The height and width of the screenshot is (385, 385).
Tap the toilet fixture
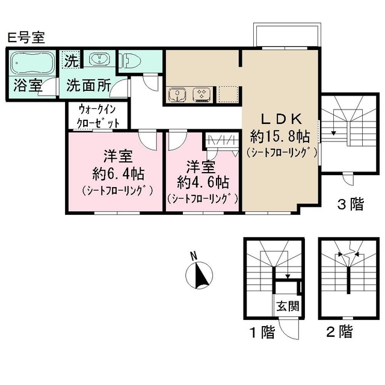click(132, 61)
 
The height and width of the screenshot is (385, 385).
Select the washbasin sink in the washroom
click(98, 60)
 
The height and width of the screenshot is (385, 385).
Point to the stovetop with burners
click(201, 94)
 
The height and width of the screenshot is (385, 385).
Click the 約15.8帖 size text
click(280, 135)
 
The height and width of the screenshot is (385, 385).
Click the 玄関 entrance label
click(287, 306)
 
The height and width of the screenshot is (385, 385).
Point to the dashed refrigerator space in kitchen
click(229, 94)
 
